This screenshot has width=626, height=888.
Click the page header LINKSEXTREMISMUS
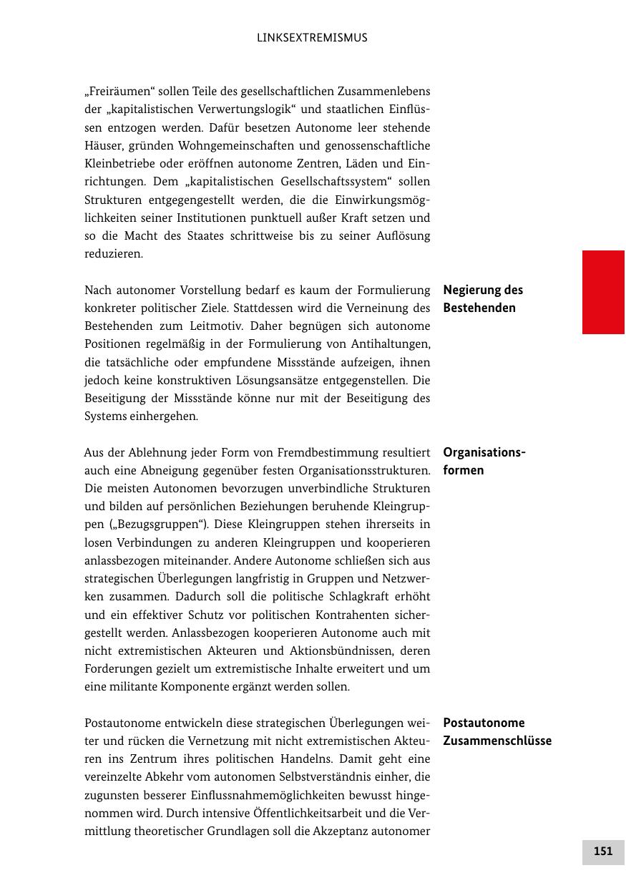pyautogui.click(x=312, y=38)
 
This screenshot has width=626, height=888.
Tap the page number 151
pyautogui.click(x=603, y=852)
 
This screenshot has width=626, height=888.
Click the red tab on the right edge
pyautogui.click(x=603, y=292)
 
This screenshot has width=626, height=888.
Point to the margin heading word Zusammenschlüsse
pyautogui.click(x=497, y=741)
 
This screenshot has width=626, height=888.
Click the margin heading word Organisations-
pyautogui.click(x=484, y=452)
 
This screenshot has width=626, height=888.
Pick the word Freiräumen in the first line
pyautogui.click(x=115, y=92)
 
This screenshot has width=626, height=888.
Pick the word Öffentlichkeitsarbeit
pyautogui.click(x=319, y=813)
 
